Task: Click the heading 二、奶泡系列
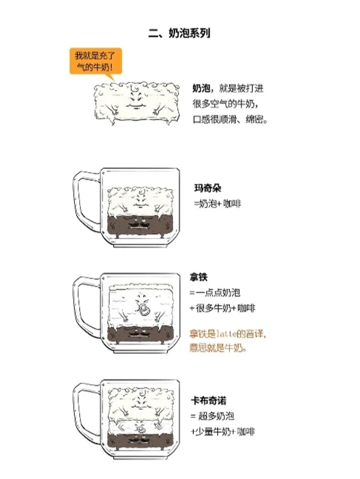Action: point(179,33)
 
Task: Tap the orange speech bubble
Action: point(95,61)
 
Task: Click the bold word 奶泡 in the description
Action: point(202,88)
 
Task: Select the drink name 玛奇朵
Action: point(208,188)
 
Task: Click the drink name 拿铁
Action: point(199,277)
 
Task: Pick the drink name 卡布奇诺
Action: point(209,400)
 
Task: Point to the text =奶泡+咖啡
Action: point(217,204)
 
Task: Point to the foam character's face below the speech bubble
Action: point(136,99)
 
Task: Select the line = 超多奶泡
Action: point(212,416)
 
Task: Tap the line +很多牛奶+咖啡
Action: point(222,308)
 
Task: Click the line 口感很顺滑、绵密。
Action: point(230,119)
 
